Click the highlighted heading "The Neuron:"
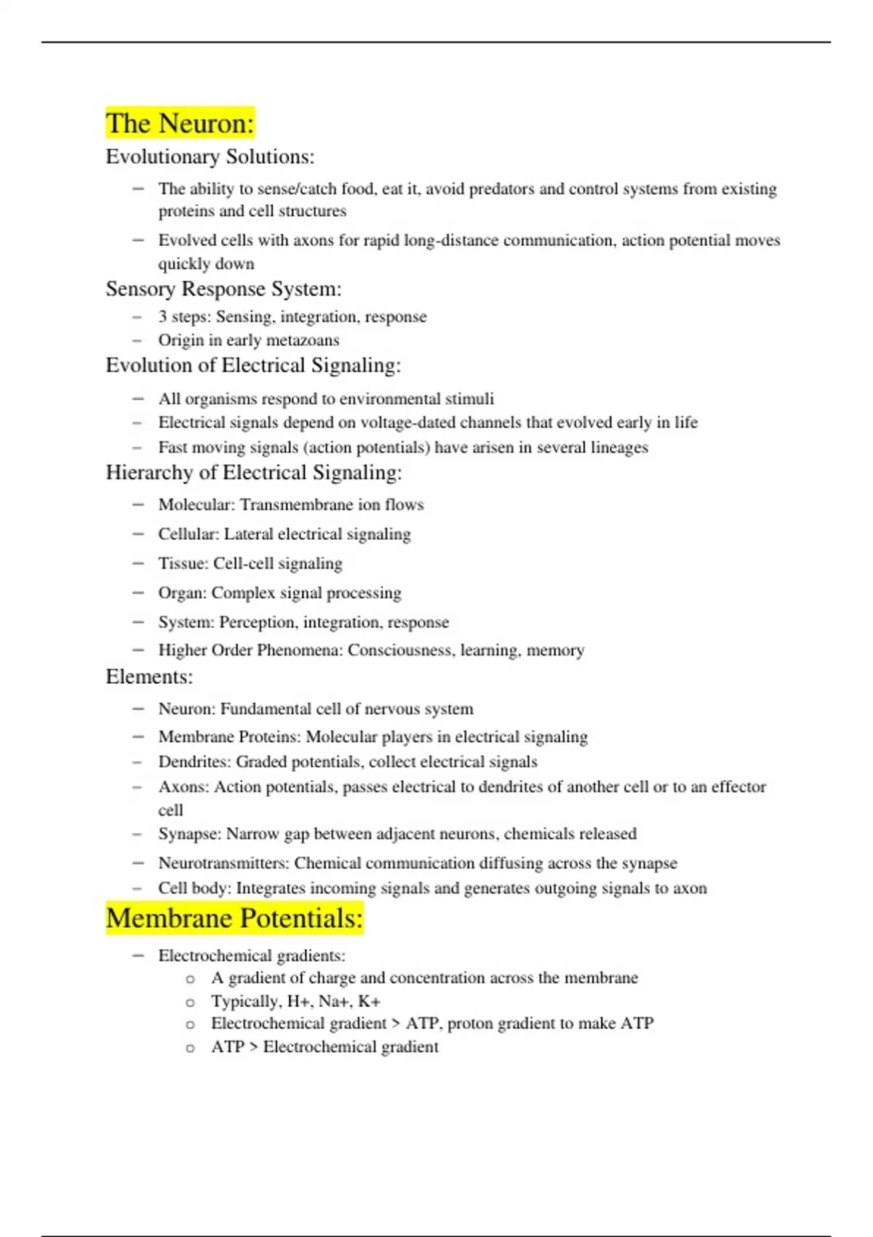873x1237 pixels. (180, 123)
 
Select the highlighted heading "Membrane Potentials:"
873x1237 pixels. (234, 918)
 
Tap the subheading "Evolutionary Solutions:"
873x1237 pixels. (210, 156)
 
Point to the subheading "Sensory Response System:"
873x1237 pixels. (223, 289)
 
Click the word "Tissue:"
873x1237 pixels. (183, 563)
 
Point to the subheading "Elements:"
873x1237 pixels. (149, 677)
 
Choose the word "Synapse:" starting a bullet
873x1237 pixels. (190, 833)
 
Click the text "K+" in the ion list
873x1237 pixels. (369, 1001)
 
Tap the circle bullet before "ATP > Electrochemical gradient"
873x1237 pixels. (191, 1048)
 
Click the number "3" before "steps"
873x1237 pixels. (162, 317)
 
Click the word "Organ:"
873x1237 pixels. (183, 593)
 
